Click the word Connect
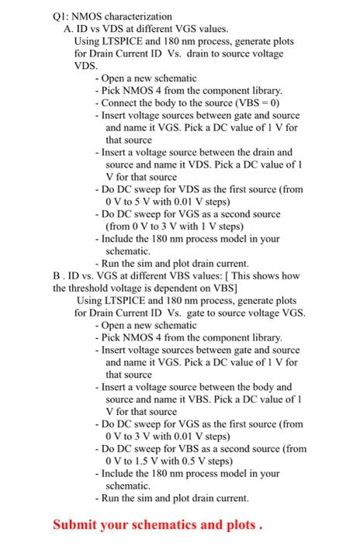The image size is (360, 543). (x=119, y=102)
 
